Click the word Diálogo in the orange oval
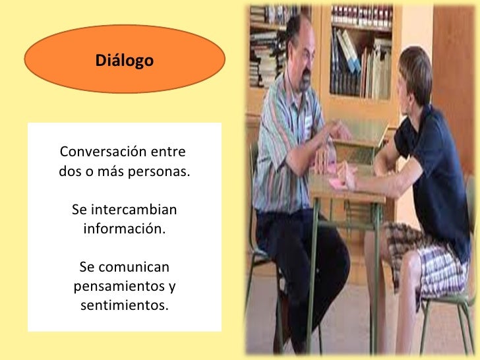click(125, 61)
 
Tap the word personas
click(157, 172)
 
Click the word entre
click(168, 150)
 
